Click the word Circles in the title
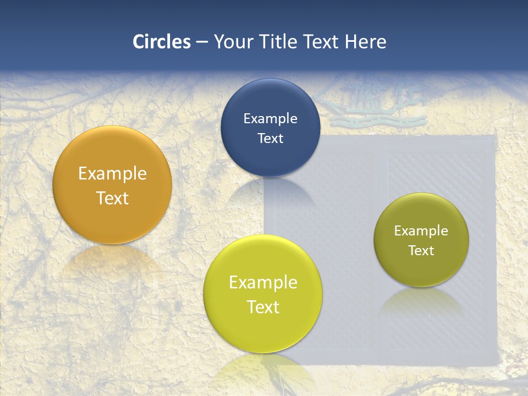tap(162, 42)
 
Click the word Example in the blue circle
tap(271, 119)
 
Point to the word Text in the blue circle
tap(271, 139)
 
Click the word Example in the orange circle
tap(112, 174)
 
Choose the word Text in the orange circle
tap(112, 198)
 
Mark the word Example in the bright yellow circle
tap(263, 283)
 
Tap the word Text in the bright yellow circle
tap(263, 307)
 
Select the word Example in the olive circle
tap(421, 231)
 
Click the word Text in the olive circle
tap(421, 251)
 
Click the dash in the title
tap(202, 42)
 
